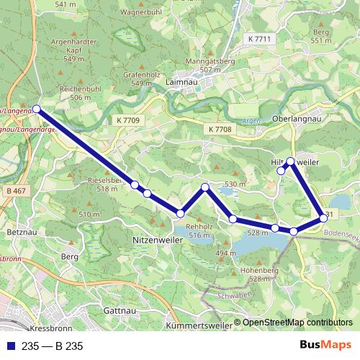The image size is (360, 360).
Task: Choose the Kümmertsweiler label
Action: (199, 325)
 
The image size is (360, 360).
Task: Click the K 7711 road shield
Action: (258, 39)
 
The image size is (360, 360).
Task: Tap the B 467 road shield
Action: (14, 191)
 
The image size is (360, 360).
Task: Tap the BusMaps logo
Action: (325, 346)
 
